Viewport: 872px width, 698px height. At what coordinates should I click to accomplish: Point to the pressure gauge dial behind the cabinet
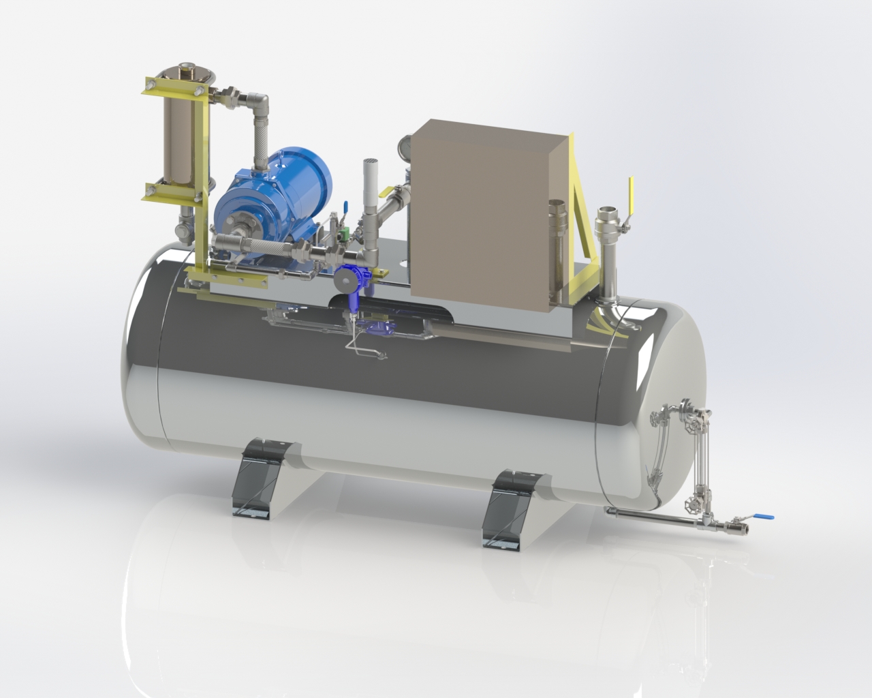point(405,146)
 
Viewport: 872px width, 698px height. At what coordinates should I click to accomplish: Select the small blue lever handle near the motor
point(345,206)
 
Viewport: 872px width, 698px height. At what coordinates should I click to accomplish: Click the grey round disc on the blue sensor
point(345,280)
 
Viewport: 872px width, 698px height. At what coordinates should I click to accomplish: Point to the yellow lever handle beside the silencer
point(390,194)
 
